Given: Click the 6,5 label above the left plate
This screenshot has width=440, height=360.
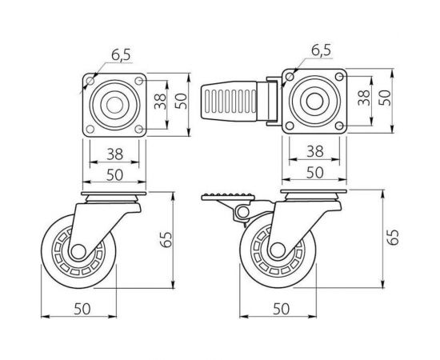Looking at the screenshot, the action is pos(121,55).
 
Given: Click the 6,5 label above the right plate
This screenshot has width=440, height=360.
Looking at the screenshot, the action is pos(322,50).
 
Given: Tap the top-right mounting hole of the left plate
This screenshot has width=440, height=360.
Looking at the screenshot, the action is pos(139,81).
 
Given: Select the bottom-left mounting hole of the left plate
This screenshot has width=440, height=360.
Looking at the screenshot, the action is pos(90,130).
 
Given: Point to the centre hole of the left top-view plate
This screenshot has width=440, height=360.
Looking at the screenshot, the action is pos(114,105).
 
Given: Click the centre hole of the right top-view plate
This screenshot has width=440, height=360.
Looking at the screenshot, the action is pos(314,101).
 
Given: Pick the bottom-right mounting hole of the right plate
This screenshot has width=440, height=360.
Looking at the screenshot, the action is pos(339,125).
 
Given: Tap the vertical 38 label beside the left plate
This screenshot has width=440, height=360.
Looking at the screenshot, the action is pos(161,102).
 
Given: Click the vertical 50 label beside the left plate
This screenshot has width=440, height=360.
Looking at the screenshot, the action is pos(182,101).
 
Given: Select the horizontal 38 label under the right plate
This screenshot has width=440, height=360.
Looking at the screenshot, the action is pos(315,151).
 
